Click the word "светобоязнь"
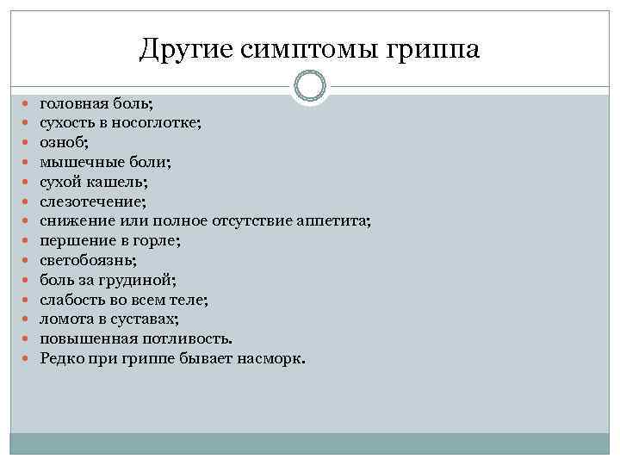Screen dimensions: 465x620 [86, 259]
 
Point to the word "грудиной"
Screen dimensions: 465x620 [140, 279]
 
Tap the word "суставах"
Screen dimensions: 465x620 [147, 319]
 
